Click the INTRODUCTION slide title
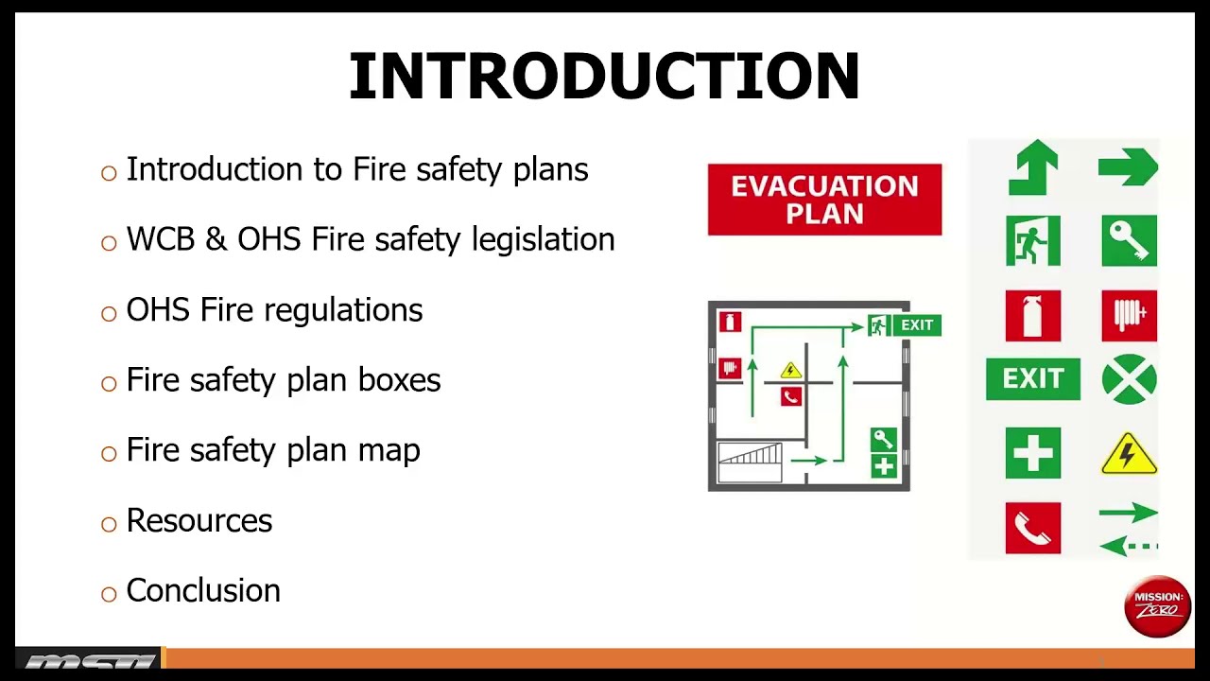pyautogui.click(x=604, y=76)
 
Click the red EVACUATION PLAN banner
pyautogui.click(x=825, y=200)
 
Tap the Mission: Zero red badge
pyautogui.click(x=1158, y=606)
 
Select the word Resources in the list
pyautogui.click(x=199, y=520)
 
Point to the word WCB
pyautogui.click(x=161, y=239)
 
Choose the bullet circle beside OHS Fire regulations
pyautogui.click(x=109, y=313)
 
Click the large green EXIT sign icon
pyautogui.click(x=1033, y=379)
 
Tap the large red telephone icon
pyautogui.click(x=1033, y=528)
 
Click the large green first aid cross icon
pyautogui.click(x=1033, y=453)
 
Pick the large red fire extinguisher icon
pyautogui.click(x=1033, y=316)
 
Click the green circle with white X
pyautogui.click(x=1129, y=379)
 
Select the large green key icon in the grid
pyautogui.click(x=1129, y=240)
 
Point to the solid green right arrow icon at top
pyautogui.click(x=1128, y=167)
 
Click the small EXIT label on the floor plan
pyautogui.click(x=917, y=324)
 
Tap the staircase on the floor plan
pyautogui.click(x=750, y=463)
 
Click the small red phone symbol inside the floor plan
pyautogui.click(x=791, y=397)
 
